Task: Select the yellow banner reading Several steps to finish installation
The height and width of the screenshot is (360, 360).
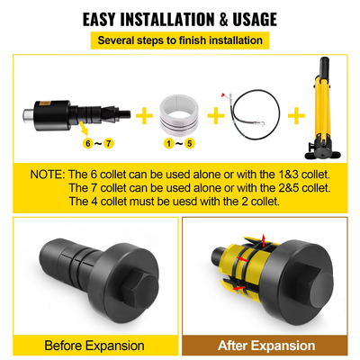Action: pos(180,40)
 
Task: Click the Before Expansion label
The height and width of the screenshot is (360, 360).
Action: pos(94,345)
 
